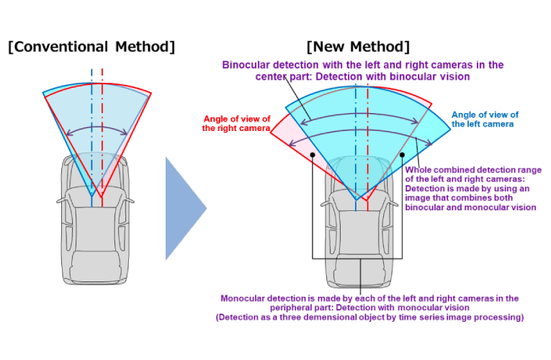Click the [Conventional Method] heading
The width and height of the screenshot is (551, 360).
click(91, 48)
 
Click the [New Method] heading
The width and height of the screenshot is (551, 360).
click(358, 48)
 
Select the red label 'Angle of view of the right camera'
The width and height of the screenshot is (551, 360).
click(236, 123)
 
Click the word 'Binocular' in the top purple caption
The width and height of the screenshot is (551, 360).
click(246, 65)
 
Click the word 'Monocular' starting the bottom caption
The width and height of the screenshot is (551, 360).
click(246, 297)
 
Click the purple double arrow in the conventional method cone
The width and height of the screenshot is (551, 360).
click(97, 131)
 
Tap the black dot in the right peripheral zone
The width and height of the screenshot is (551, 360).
click(400, 153)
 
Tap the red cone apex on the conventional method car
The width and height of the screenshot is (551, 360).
click(102, 196)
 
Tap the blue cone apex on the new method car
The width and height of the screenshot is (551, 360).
click(355, 199)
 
